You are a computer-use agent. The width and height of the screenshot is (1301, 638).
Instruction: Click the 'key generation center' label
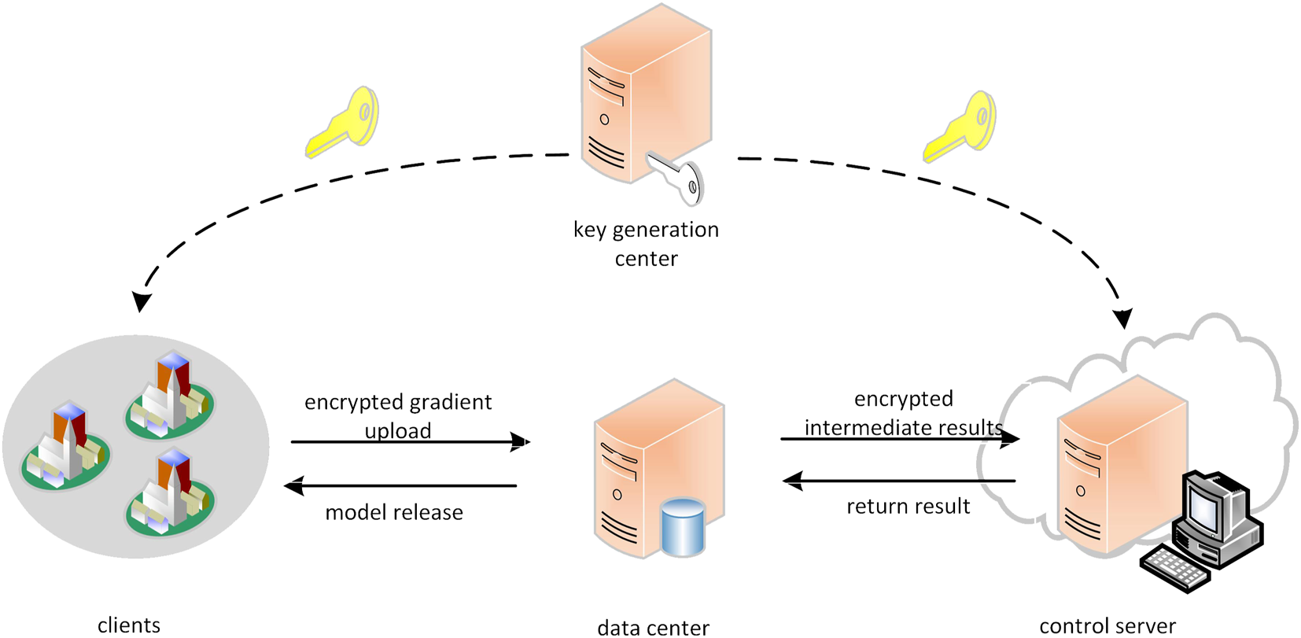[646, 243]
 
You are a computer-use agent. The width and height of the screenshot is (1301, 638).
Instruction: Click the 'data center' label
[653, 627]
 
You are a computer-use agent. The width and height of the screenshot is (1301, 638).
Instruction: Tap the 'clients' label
[129, 625]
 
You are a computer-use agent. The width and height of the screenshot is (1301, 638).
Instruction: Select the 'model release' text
[394, 513]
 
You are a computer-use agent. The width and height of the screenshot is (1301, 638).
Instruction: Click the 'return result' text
[908, 507]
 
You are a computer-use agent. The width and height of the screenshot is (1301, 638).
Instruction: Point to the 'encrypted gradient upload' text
[398, 415]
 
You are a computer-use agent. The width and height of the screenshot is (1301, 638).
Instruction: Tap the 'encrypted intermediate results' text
[903, 413]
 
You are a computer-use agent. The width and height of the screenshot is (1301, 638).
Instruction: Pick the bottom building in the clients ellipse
[169, 493]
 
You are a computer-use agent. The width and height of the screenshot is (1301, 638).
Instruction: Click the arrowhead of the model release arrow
[293, 486]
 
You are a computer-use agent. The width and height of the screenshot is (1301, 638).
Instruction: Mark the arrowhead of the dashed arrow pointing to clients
[141, 302]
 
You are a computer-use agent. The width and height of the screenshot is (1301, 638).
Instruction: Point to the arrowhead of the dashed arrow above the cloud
[1123, 319]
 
